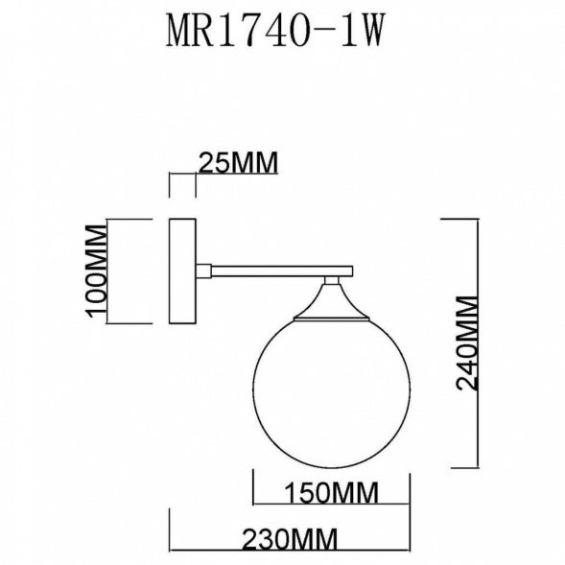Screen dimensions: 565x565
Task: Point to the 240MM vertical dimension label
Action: click(466, 342)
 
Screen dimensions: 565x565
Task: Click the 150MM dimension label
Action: click(332, 493)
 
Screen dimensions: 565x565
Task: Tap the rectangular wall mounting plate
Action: click(182, 273)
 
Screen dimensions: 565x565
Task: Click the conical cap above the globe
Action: click(332, 304)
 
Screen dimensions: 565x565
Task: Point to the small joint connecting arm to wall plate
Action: click(204, 271)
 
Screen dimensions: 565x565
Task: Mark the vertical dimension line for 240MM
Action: click(477, 342)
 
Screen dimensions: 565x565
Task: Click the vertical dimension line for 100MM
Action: click(108, 273)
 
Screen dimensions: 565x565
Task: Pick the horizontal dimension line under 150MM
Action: click(331, 505)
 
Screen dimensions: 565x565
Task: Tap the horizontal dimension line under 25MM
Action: click(182, 176)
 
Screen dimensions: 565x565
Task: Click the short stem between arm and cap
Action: click(332, 282)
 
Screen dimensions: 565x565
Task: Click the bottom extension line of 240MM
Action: click(460, 467)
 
